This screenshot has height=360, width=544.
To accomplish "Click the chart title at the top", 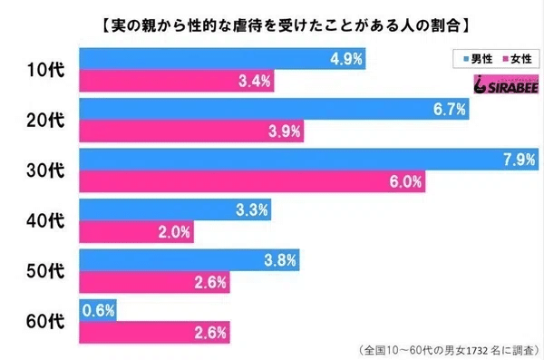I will [x=272, y=17].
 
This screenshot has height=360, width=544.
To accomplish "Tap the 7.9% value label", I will [x=517, y=159].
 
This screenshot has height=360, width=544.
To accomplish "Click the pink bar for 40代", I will [x=136, y=231].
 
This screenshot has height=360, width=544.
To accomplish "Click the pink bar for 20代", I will [x=190, y=132].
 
